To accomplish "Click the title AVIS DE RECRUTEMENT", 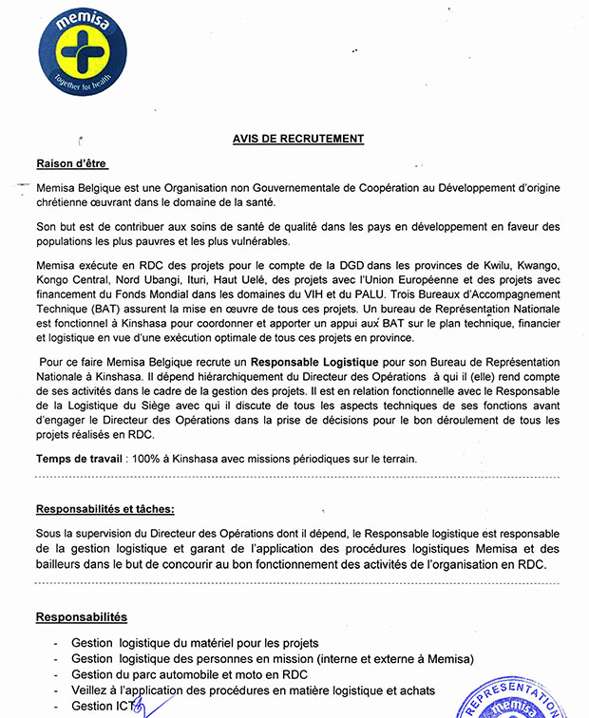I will (x=298, y=139).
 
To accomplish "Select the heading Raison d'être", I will (x=72, y=162).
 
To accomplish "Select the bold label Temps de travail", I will (x=77, y=458).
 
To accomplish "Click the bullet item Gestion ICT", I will (x=104, y=706).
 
